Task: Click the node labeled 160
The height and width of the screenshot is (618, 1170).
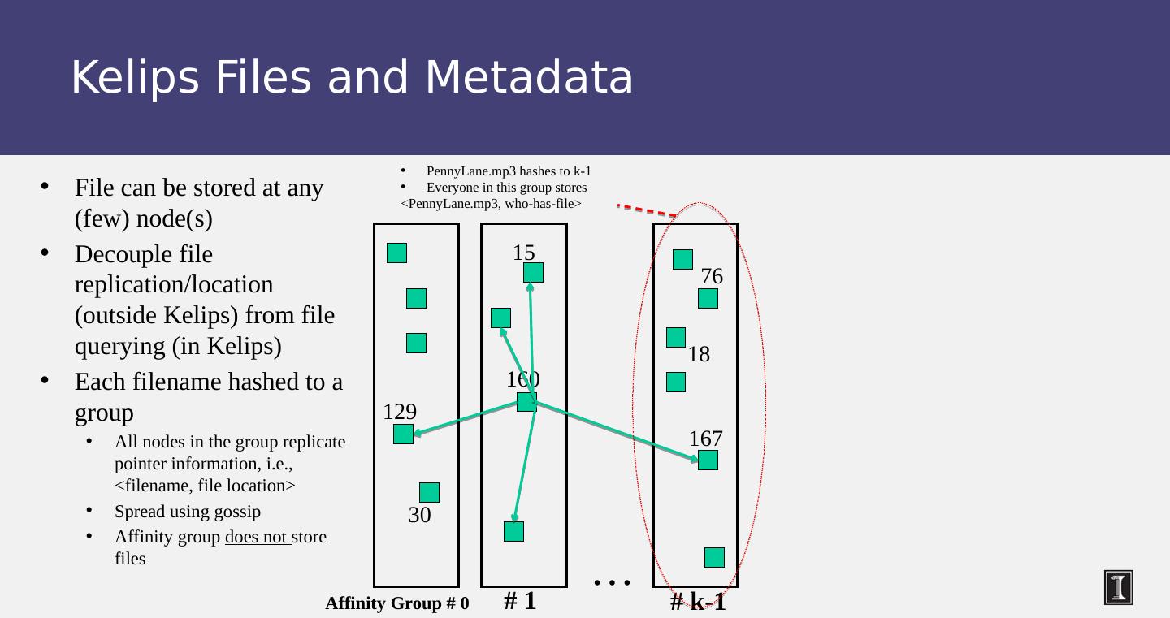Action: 526,402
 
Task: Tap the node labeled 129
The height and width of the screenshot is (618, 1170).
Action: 403,434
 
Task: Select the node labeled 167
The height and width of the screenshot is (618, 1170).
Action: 708,460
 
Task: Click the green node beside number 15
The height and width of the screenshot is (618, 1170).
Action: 533,273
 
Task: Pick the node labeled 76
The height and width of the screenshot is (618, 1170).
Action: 708,299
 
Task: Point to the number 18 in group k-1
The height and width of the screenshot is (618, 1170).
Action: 699,354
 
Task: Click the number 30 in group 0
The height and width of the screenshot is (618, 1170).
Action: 419,515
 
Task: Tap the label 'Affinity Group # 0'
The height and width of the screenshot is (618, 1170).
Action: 396,603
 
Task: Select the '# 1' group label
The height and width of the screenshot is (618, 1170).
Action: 520,601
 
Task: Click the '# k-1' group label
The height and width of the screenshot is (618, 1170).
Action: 698,603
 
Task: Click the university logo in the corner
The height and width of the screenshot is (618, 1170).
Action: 1118,587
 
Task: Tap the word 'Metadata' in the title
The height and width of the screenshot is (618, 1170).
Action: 529,78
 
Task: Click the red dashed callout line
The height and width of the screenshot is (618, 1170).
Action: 647,210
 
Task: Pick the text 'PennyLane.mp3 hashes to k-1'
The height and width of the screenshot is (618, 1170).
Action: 509,171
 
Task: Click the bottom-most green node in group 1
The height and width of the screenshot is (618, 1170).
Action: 513,532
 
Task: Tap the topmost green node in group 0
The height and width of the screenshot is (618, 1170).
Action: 396,253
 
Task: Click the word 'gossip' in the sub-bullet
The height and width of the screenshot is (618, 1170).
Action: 236,512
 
